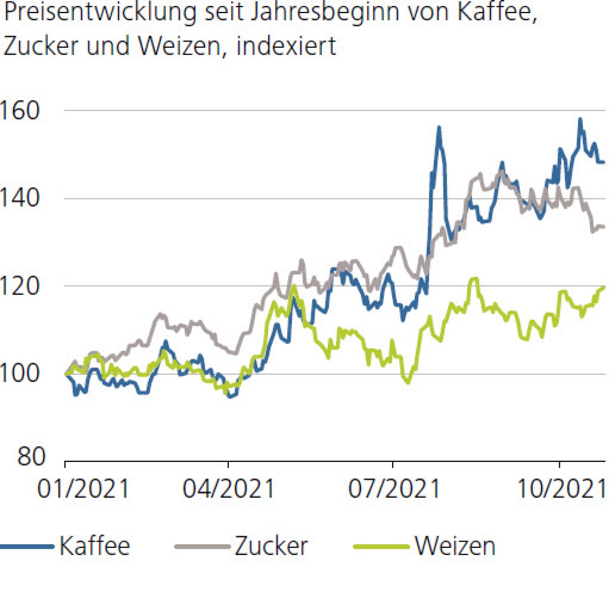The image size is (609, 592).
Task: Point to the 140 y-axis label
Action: (x=20, y=198)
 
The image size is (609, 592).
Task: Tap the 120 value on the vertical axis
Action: (x=20, y=286)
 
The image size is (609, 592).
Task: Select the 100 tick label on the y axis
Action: (x=20, y=373)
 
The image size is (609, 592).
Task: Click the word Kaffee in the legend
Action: (x=94, y=546)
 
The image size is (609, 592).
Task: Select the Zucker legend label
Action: (x=271, y=546)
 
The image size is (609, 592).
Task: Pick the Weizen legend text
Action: (x=455, y=546)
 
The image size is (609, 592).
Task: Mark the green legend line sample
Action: (x=381, y=546)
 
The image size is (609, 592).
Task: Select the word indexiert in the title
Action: (x=286, y=46)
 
